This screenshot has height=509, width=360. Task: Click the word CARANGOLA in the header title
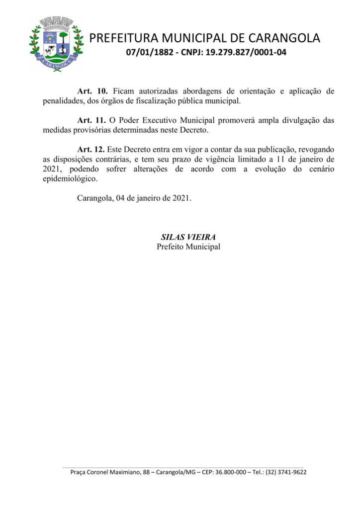[x=285, y=38]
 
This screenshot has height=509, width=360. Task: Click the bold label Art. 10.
[x=92, y=91]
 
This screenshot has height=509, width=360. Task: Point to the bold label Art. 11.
[x=92, y=121]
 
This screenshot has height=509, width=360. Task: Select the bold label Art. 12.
[x=92, y=150]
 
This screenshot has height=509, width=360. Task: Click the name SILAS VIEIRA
[x=188, y=237]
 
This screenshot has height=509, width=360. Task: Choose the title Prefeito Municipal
[x=188, y=247]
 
